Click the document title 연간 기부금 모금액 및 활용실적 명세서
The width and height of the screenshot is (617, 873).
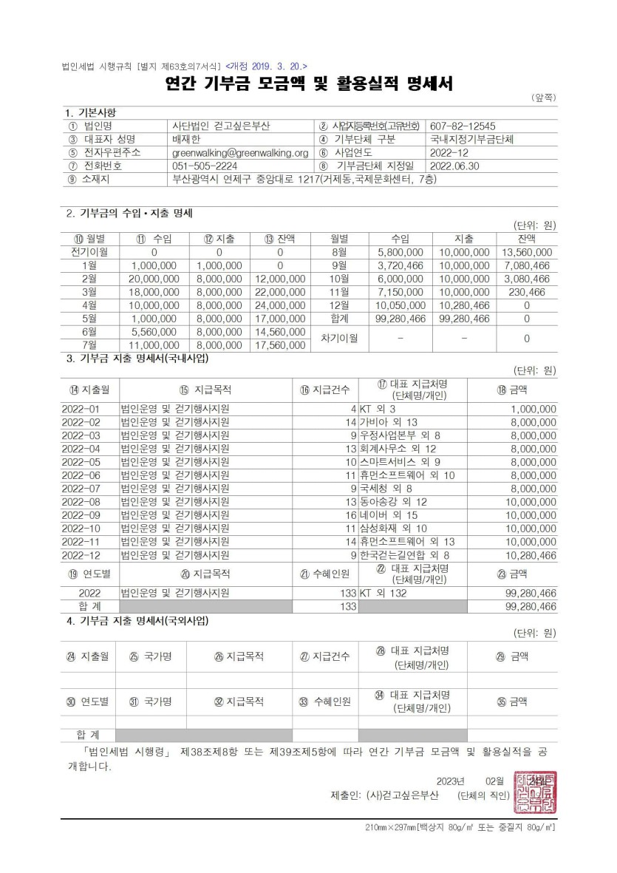pos(308,84)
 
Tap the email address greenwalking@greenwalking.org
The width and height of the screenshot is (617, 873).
pos(239,152)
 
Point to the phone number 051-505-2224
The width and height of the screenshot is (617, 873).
pos(205,166)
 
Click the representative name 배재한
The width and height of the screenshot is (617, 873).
pos(185,139)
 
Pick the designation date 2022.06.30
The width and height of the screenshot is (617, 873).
pos(454,166)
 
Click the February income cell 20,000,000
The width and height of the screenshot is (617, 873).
pos(154,279)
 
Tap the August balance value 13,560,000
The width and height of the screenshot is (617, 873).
pos(527,252)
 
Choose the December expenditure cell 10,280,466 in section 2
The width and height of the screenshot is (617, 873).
pos(464,305)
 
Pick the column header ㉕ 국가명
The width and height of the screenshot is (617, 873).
pos(151,656)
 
